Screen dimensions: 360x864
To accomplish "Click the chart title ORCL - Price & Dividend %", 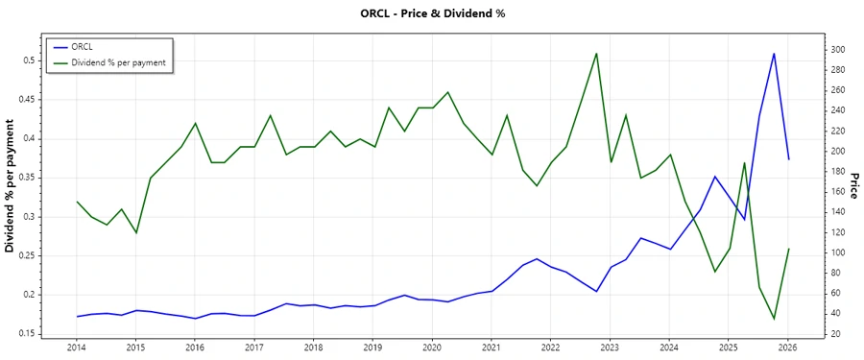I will point(432,13).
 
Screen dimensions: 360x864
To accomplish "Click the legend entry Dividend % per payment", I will point(119,62).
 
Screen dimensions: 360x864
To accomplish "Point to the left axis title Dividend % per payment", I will point(11,186).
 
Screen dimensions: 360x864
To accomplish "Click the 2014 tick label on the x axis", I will point(76,348).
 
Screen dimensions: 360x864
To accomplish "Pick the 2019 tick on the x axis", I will point(372,348).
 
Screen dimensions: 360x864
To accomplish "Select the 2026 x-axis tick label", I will point(788,348).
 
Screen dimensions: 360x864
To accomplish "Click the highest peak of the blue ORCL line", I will point(774,54).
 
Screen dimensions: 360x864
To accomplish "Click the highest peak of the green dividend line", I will point(596,53).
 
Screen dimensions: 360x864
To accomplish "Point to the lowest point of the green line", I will point(774,319).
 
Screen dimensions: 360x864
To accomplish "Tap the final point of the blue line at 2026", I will point(788,159).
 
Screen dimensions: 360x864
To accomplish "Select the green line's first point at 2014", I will point(77,202).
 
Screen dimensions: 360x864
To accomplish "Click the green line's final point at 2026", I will point(788,249).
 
